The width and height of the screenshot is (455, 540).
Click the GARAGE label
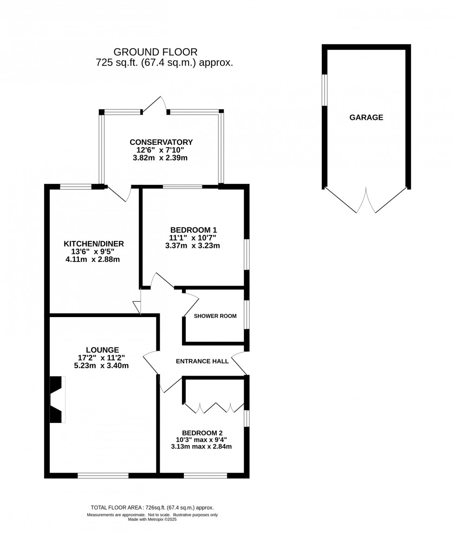pyautogui.click(x=366, y=117)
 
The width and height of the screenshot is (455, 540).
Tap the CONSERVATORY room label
pyautogui.click(x=161, y=142)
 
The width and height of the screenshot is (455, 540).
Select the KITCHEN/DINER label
pyautogui.click(x=94, y=244)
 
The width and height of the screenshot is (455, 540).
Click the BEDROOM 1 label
pyautogui.click(x=193, y=230)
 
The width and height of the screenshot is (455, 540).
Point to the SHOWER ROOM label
pyautogui.click(x=215, y=316)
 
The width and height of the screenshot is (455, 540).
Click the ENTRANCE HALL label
pyautogui.click(x=202, y=361)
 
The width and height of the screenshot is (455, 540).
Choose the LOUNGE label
pyautogui.click(x=102, y=350)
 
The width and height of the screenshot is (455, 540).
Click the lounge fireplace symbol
pyautogui.click(x=57, y=400)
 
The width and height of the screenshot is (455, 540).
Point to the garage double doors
pyautogui.click(x=366, y=201)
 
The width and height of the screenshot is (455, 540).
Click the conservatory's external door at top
pyautogui.click(x=155, y=105)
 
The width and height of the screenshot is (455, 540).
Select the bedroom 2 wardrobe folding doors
pyautogui.click(x=214, y=408)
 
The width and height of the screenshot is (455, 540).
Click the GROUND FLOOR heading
pyautogui.click(x=156, y=52)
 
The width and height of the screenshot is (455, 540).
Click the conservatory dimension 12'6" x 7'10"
pyautogui.click(x=160, y=150)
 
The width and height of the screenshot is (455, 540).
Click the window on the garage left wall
pyautogui.click(x=325, y=90)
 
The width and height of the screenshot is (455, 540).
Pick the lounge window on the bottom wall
pyautogui.click(x=103, y=475)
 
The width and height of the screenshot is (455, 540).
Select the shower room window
pyautogui.click(x=247, y=315)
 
